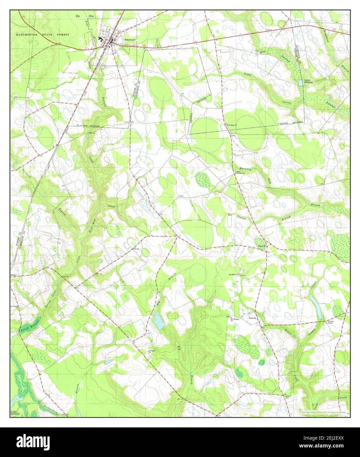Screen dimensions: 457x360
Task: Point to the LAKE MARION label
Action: [x=13, y=413]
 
